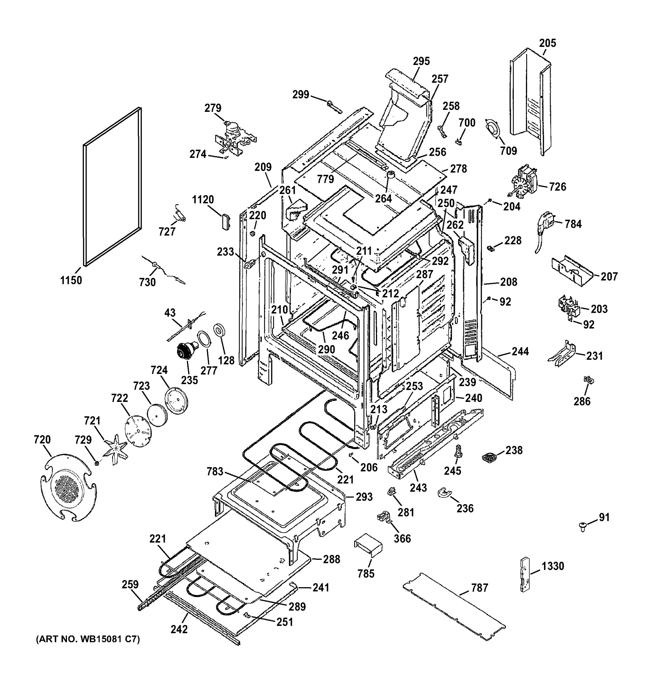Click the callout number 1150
[x=71, y=280]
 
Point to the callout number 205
[x=548, y=43]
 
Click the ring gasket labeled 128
[x=219, y=331]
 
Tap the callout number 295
[x=421, y=61]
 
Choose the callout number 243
[x=418, y=487]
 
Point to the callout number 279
[x=213, y=108]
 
